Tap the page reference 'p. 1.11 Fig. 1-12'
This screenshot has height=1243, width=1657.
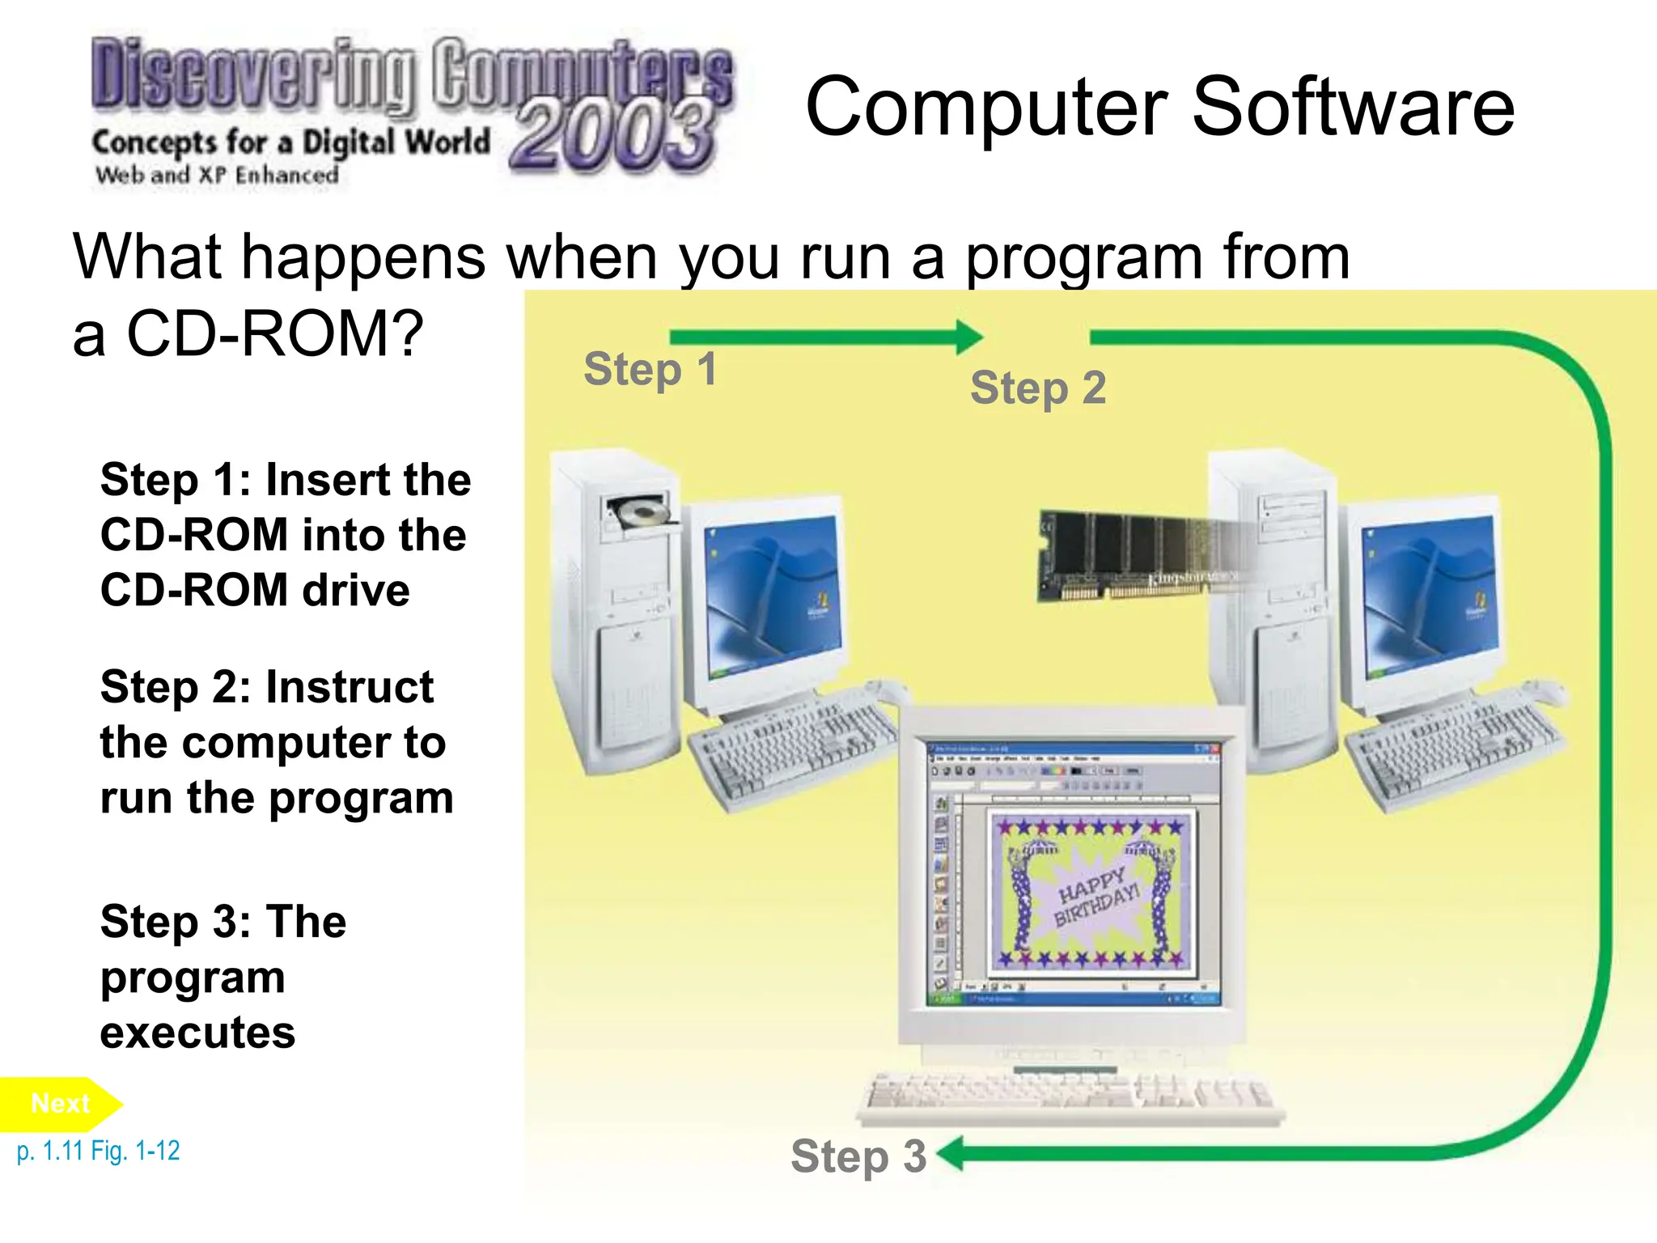point(98,1151)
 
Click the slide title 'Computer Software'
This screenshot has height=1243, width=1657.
point(1159,107)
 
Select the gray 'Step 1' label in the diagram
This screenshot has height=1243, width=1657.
point(650,370)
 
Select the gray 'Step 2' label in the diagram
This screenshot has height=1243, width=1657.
point(1037,388)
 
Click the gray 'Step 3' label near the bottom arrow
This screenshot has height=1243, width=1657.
point(858,1156)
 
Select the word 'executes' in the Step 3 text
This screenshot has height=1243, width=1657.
point(197,1033)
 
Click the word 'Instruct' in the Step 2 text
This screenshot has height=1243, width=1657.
point(350,688)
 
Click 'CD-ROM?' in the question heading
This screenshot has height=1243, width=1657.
point(275,333)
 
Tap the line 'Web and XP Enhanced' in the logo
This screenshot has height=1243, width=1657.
point(217,175)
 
